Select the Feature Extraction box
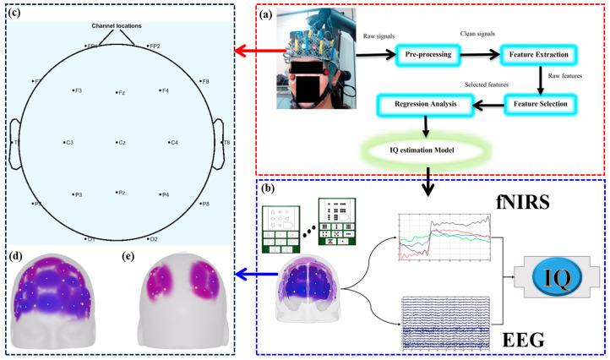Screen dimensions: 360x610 [x=538, y=55]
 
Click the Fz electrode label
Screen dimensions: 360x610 [x=122, y=92]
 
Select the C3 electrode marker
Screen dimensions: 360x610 [x=64, y=143]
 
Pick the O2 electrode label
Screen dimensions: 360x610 [x=155, y=239]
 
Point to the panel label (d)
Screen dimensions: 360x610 [x=16, y=255]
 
